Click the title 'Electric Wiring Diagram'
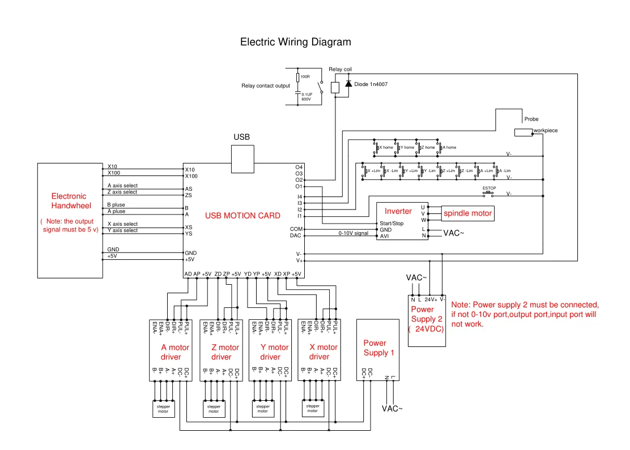[295, 42]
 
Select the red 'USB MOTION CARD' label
[242, 216]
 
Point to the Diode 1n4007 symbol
[348, 84]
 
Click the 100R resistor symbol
[298, 77]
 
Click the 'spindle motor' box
[467, 213]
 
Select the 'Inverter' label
[398, 211]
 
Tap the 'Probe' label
[531, 119]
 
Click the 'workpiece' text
[546, 131]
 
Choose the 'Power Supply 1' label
[379, 348]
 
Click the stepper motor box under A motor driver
[163, 409]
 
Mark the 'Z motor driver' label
[225, 352]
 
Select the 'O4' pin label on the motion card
[299, 167]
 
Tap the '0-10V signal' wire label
[354, 233]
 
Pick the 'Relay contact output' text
[266, 86]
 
